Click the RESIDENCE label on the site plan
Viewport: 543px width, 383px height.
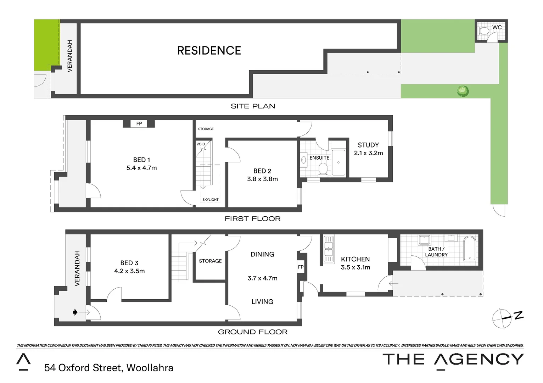pyautogui.click(x=209, y=51)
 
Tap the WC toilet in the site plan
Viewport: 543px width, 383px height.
pyautogui.click(x=483, y=31)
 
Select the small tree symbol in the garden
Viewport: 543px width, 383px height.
pyautogui.click(x=463, y=91)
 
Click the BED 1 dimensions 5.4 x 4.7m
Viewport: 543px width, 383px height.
pyautogui.click(x=141, y=168)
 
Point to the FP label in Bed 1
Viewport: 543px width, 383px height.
pyautogui.click(x=139, y=124)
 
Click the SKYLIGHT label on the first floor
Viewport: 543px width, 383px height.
pyautogui.click(x=210, y=200)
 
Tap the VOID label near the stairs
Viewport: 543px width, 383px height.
pyautogui.click(x=201, y=144)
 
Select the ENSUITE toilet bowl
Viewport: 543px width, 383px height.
pyautogui.click(x=323, y=169)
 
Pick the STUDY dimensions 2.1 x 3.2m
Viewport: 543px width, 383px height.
pyautogui.click(x=368, y=153)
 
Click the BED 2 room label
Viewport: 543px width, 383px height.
pyautogui.click(x=262, y=171)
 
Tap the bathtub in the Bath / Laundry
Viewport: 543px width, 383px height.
pyautogui.click(x=470, y=249)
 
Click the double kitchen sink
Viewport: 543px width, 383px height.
pyautogui.click(x=329, y=249)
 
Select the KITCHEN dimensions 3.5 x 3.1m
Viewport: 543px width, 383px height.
pyautogui.click(x=355, y=267)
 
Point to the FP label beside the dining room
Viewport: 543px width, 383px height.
pyautogui.click(x=301, y=267)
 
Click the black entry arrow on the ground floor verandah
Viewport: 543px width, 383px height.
pyautogui.click(x=75, y=312)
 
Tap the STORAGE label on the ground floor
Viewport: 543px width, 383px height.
pyautogui.click(x=210, y=261)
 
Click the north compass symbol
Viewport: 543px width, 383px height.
pyautogui.click(x=503, y=318)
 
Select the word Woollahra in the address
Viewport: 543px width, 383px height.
pyautogui.click(x=150, y=368)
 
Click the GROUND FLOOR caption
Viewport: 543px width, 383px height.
pyautogui.click(x=252, y=332)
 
